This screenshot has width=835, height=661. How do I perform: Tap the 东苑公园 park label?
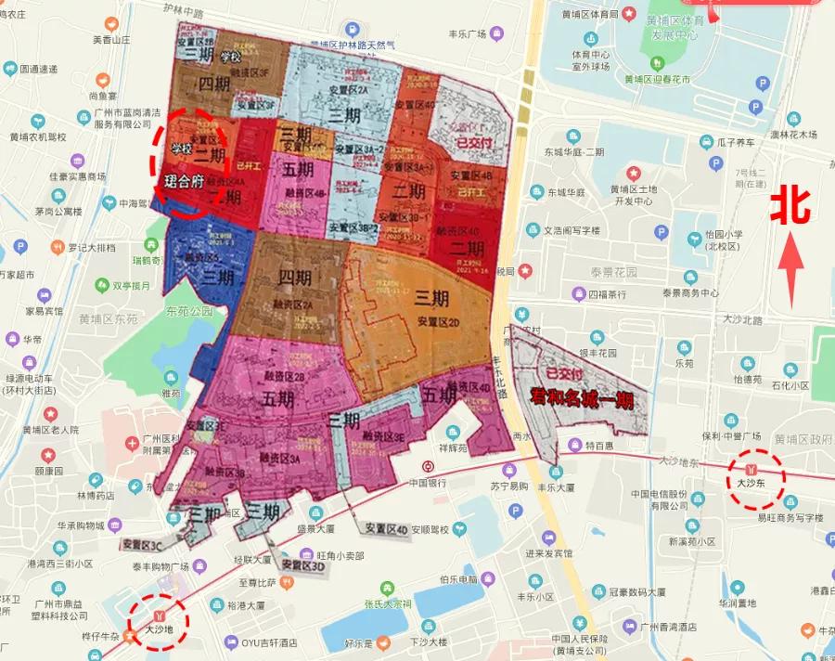[x=191, y=313]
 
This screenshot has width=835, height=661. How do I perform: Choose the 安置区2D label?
[x=438, y=322]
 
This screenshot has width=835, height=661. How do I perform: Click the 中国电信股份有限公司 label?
[x=656, y=499]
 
